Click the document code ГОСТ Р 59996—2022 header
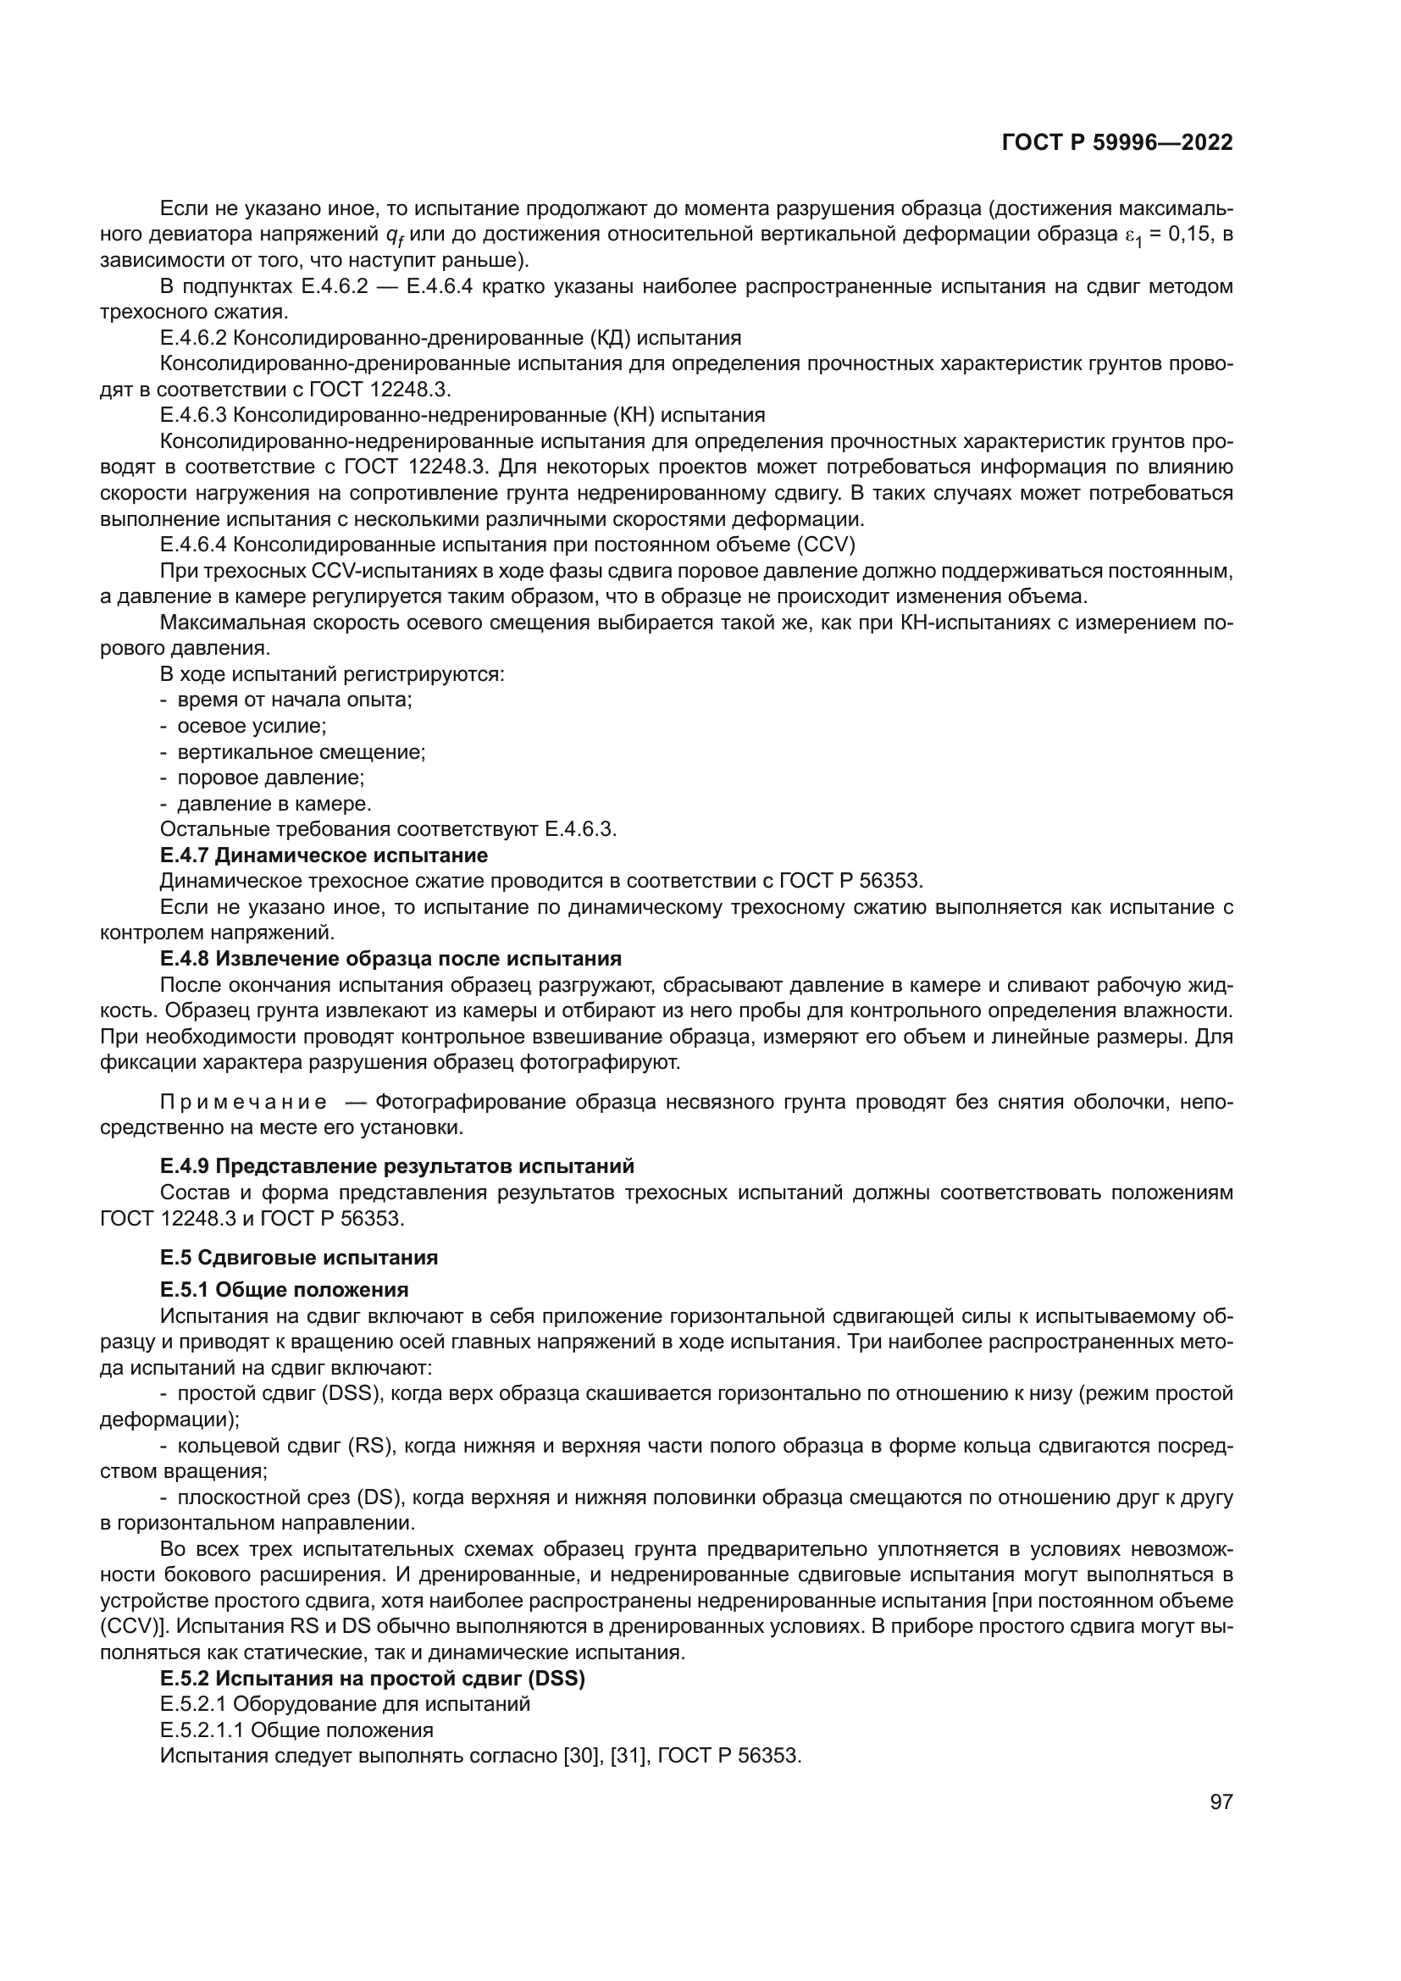pyautogui.click(x=1117, y=143)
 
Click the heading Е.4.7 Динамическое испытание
pyautogui.click(x=324, y=855)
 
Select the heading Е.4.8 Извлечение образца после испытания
pyautogui.click(x=390, y=959)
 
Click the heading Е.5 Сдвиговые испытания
pyautogui.click(x=298, y=1257)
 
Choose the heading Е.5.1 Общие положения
pyautogui.click(x=284, y=1290)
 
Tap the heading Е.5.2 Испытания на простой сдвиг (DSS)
pyautogui.click(x=372, y=1679)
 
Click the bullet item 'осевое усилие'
pyautogui.click(x=251, y=726)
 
